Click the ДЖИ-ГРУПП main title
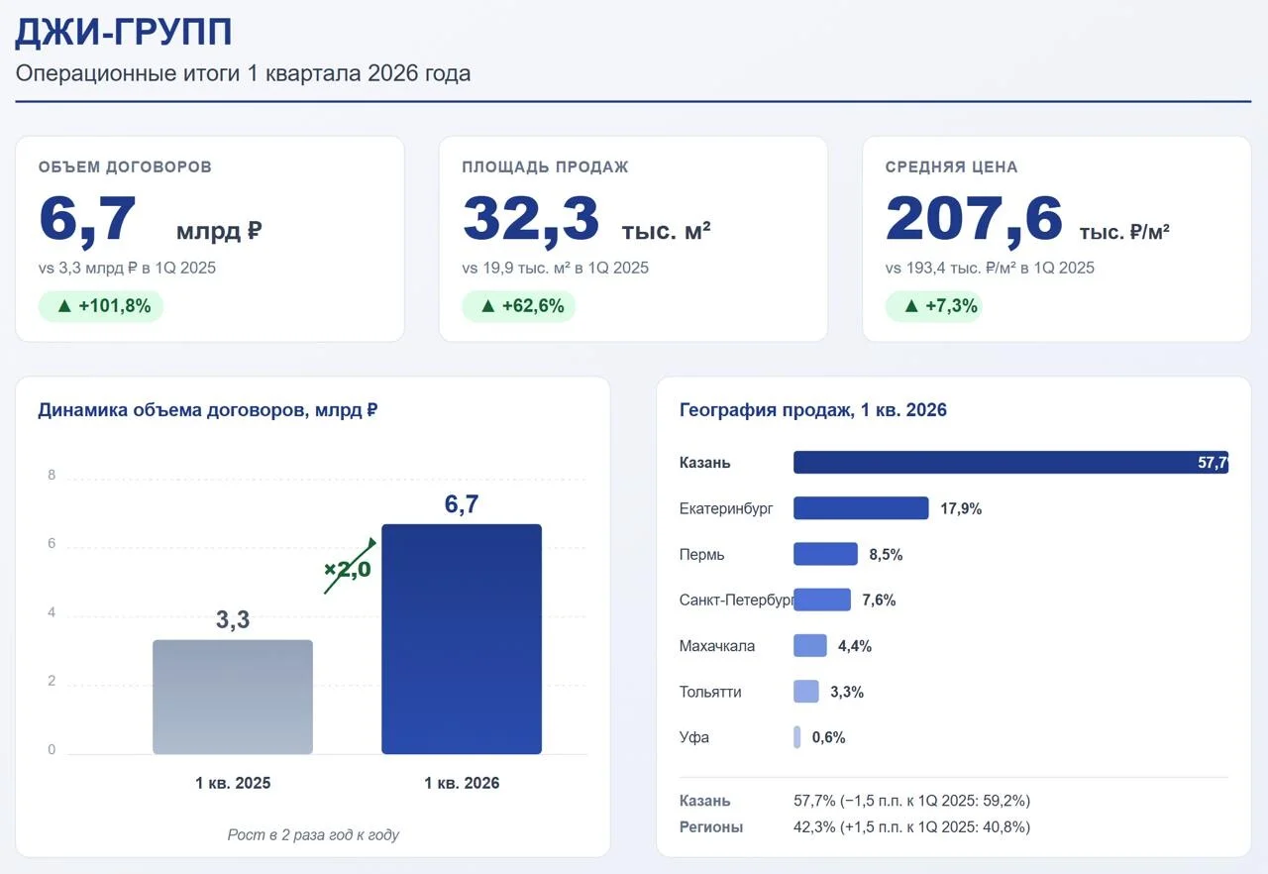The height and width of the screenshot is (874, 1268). (x=124, y=32)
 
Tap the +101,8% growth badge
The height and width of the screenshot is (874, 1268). (x=101, y=306)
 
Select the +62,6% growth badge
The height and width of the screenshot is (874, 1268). (x=518, y=306)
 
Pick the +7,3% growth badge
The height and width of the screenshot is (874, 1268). (x=934, y=306)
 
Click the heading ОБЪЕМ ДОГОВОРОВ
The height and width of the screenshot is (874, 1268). (x=125, y=167)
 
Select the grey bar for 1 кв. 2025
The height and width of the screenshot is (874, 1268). (x=233, y=697)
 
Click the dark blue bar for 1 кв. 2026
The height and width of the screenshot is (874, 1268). (x=462, y=639)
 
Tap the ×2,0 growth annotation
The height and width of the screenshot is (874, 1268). (x=348, y=569)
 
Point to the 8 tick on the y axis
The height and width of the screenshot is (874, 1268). (x=52, y=475)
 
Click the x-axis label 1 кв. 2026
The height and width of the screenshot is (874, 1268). (x=462, y=783)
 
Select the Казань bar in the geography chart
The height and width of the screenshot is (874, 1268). (x=1011, y=462)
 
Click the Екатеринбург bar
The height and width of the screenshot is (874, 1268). (x=861, y=507)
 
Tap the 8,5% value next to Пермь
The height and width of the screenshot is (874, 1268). (x=886, y=554)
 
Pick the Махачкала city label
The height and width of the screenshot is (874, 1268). (x=717, y=646)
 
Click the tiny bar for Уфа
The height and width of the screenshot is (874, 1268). (x=797, y=737)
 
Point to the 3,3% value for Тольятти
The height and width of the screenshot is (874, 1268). (x=847, y=692)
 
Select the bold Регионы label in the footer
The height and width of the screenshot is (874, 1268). (x=711, y=827)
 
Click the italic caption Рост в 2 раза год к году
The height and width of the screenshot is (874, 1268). (x=313, y=835)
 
